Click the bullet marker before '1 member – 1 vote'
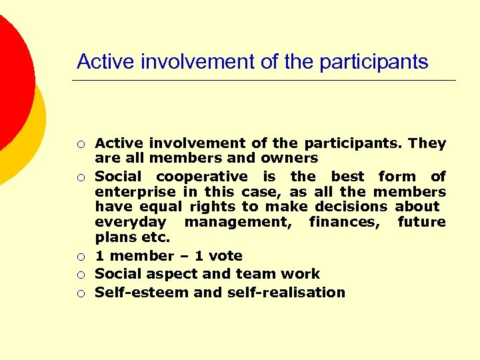[80, 257]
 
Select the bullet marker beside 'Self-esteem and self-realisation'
[80, 293]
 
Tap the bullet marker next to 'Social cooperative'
[80, 177]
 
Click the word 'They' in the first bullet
[427, 143]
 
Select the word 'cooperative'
[201, 177]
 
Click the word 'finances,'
[344, 222]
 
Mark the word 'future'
[421, 222]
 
